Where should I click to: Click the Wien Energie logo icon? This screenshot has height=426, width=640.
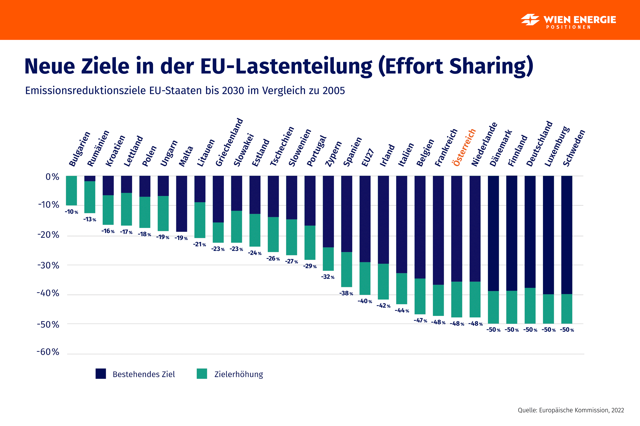pyautogui.click(x=530, y=20)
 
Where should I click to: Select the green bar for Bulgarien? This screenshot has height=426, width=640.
pyautogui.click(x=71, y=190)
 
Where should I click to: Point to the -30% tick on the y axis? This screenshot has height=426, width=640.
pyautogui.click(x=48, y=265)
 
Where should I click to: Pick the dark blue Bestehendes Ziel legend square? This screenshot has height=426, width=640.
pyautogui.click(x=101, y=374)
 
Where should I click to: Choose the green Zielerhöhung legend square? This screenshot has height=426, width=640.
pyautogui.click(x=202, y=374)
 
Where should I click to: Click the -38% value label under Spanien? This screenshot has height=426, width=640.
pyautogui.click(x=346, y=294)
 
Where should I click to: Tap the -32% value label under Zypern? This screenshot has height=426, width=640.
pyautogui.click(x=328, y=277)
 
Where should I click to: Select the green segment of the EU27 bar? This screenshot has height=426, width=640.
pyautogui.click(x=365, y=278)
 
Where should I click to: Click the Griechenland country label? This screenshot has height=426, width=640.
pyautogui.click(x=229, y=142)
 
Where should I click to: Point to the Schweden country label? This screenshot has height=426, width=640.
pyautogui.click(x=574, y=148)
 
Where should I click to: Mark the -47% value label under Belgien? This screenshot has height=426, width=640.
pyautogui.click(x=420, y=321)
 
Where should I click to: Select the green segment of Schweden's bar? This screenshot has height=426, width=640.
pyautogui.click(x=567, y=309)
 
